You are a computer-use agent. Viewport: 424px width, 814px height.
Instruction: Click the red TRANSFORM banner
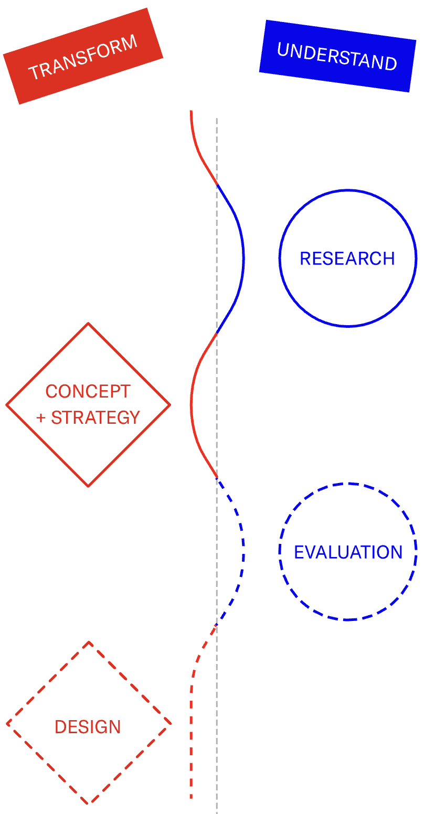(83, 56)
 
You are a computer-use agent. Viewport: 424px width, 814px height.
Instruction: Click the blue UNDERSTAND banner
(337, 56)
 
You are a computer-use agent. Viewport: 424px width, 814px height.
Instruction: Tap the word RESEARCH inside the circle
(347, 259)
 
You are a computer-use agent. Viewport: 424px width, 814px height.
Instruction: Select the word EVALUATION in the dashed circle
(348, 552)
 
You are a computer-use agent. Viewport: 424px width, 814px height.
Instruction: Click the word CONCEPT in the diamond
(88, 391)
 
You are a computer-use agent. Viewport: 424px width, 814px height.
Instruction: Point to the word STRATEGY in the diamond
(96, 417)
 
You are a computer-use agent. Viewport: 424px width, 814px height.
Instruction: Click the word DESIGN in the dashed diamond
(88, 727)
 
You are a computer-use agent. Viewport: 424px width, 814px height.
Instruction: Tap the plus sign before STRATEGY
(41, 418)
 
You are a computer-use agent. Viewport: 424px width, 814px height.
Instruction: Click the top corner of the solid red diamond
(88, 323)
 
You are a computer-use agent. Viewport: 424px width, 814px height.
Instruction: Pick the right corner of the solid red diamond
(170, 404)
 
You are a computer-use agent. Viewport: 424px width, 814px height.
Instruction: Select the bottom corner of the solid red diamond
(88, 486)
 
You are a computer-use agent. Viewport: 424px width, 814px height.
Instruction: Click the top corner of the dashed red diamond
(89, 641)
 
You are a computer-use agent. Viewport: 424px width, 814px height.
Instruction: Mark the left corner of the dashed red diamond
(7, 724)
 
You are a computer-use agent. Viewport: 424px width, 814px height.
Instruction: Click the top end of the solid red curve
(191, 111)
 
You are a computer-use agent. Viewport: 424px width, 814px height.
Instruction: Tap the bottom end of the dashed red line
(191, 798)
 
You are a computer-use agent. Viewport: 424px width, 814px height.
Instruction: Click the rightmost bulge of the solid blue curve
(243, 258)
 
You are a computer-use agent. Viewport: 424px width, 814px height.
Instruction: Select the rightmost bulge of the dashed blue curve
(243, 552)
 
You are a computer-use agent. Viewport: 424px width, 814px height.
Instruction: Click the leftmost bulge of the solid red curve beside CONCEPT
(192, 404)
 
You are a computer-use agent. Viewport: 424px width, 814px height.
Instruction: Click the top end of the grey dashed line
(217, 119)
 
